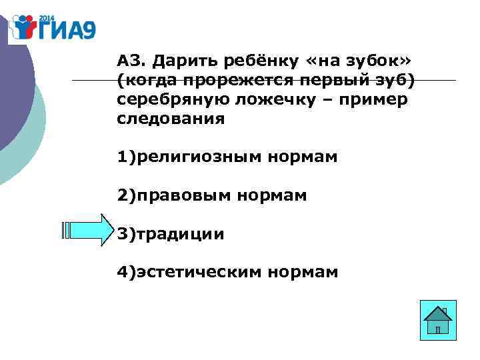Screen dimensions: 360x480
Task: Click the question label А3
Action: (131, 62)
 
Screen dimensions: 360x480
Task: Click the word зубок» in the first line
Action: (379, 62)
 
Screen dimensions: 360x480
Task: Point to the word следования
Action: (171, 120)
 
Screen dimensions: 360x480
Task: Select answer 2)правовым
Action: (174, 196)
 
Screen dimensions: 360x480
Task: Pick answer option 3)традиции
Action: (171, 234)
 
